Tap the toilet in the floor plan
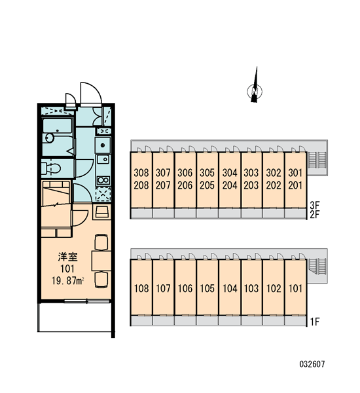(51, 168)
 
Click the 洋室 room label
(67, 257)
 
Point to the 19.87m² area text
(67, 281)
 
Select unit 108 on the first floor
(141, 288)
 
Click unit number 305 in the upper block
(207, 173)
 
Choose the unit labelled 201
(295, 185)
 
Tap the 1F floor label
(315, 322)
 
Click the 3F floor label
(315, 206)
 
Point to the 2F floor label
(315, 215)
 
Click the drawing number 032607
(312, 364)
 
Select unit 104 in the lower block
(230, 288)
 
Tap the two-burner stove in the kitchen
(103, 179)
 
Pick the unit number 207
(163, 185)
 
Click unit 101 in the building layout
(295, 288)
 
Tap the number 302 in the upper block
(274, 173)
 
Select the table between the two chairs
(101, 261)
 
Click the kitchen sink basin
(103, 145)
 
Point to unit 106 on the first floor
(185, 288)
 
